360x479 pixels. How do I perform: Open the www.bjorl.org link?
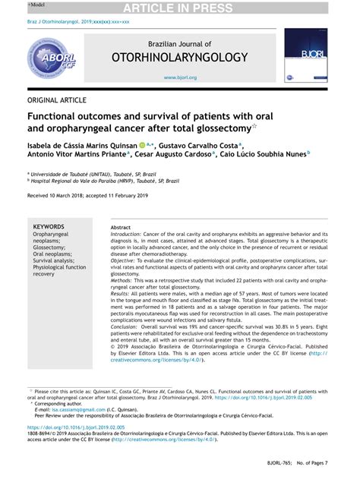(180, 77)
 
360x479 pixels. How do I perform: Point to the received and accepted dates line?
(95, 196)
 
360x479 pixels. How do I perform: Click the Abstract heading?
(121, 228)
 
